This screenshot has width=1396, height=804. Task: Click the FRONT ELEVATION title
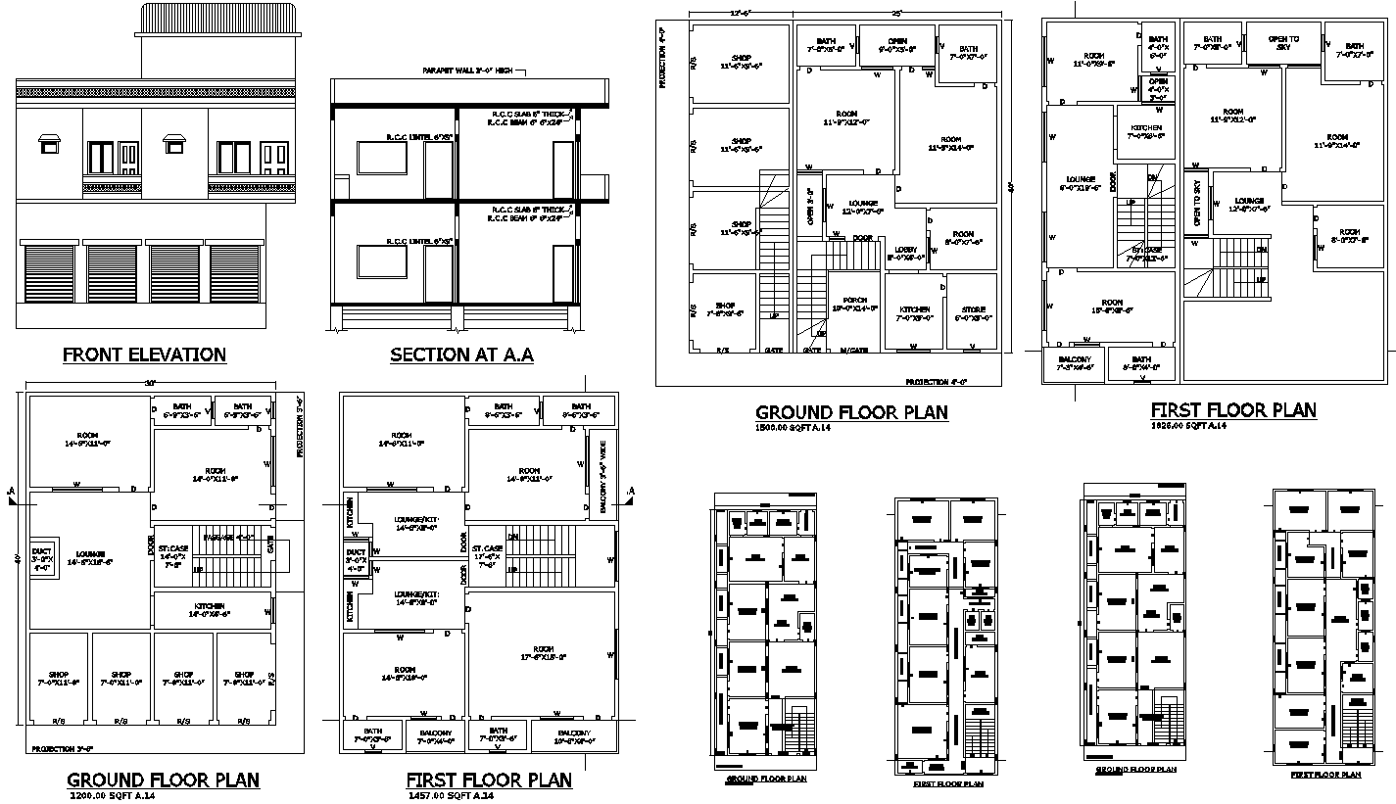[144, 355]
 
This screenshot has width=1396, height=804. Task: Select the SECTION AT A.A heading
[460, 355]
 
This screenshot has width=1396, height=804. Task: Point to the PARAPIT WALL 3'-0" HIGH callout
[468, 71]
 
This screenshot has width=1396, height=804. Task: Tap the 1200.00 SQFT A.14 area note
[113, 796]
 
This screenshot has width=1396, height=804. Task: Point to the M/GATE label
[854, 350]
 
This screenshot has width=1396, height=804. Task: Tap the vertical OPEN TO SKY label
[1196, 205]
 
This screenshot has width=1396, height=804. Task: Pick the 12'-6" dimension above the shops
[740, 14]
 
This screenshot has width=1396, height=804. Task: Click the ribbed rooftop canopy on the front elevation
[217, 18]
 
